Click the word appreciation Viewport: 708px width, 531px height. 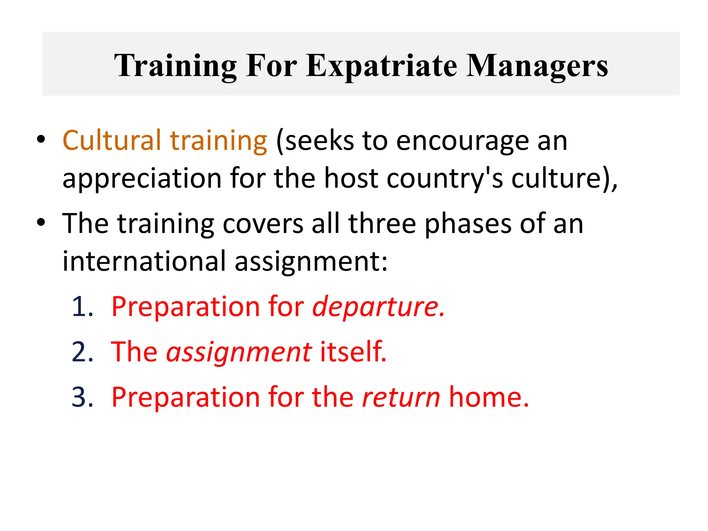point(142,178)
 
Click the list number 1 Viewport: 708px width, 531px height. point(82,307)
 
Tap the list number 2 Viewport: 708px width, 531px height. point(82,352)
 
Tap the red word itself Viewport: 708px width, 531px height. point(353,352)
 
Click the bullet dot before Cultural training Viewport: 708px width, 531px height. point(41,140)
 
